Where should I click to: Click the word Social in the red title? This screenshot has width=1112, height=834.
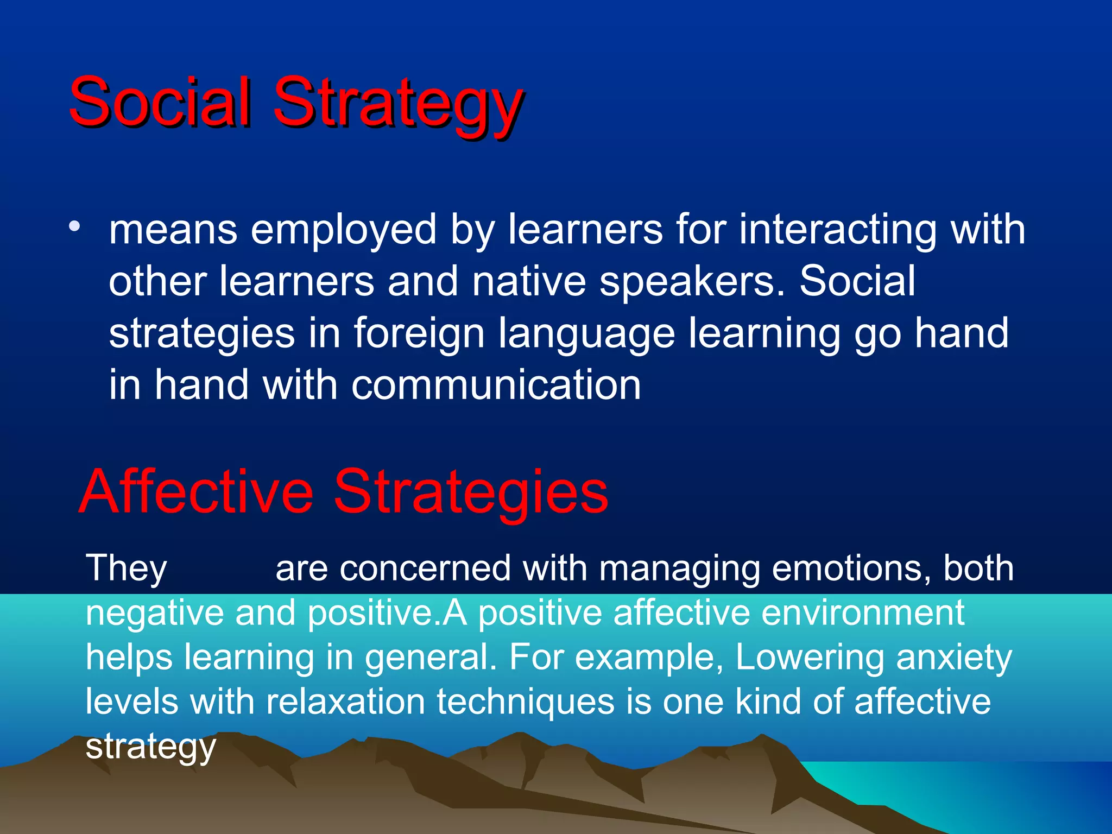[x=160, y=102]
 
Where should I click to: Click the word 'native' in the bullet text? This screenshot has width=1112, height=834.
[x=529, y=281]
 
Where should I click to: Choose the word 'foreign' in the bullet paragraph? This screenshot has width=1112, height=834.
[x=419, y=333]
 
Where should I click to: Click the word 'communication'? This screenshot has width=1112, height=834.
[x=496, y=384]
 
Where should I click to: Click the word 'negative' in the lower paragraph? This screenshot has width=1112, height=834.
[x=154, y=613]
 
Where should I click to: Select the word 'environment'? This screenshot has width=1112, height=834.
[x=863, y=613]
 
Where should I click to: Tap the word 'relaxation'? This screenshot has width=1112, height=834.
[x=345, y=702]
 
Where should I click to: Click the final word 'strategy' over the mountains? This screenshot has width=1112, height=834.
[x=151, y=747]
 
